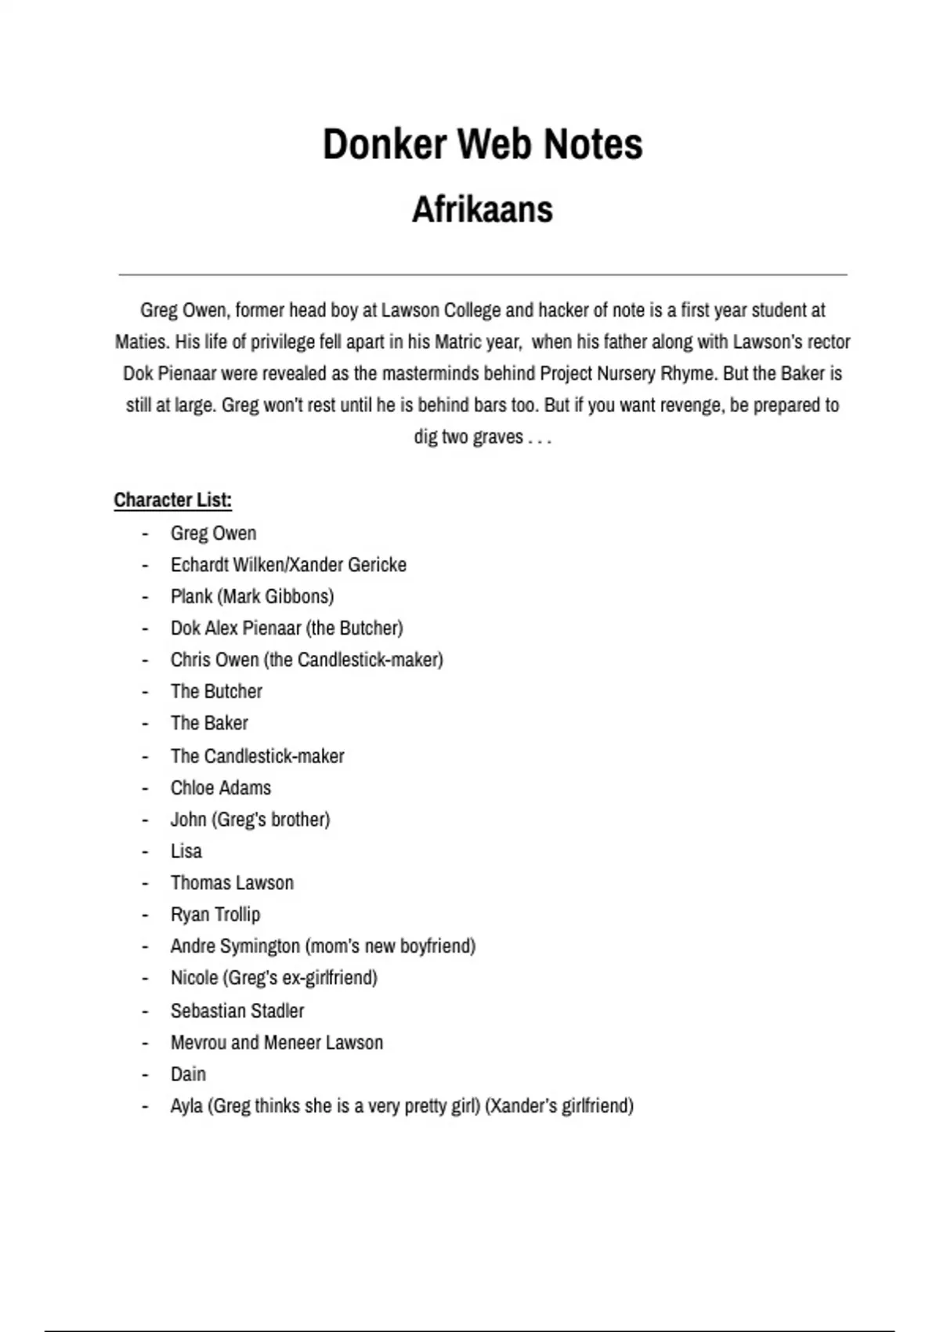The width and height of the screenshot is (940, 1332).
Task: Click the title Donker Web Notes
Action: (483, 144)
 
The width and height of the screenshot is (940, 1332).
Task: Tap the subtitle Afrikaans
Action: (483, 209)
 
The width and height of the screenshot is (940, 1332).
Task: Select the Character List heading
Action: (172, 500)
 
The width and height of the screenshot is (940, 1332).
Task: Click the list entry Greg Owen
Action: (213, 534)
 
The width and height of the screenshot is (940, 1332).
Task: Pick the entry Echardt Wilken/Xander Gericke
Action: (288, 565)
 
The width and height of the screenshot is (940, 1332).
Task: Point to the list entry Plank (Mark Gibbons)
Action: (252, 596)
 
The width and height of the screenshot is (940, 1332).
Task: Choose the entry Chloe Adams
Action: (221, 787)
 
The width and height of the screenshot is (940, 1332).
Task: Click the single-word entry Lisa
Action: (186, 851)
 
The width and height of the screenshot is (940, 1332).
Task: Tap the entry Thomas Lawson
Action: (232, 883)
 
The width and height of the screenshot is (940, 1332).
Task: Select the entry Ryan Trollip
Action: (215, 914)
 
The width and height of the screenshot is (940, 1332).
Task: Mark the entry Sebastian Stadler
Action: (237, 1011)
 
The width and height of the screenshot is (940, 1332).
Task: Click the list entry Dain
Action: (188, 1074)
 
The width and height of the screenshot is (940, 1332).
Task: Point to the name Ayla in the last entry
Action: (186, 1106)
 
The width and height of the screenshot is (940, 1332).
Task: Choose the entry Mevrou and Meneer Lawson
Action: (277, 1043)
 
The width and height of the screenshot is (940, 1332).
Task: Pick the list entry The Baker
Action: (209, 723)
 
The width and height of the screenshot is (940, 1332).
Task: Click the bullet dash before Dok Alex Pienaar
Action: (145, 628)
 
